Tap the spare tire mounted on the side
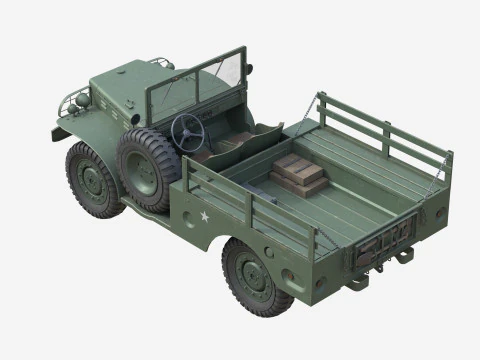147,167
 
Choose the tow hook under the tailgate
401,256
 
